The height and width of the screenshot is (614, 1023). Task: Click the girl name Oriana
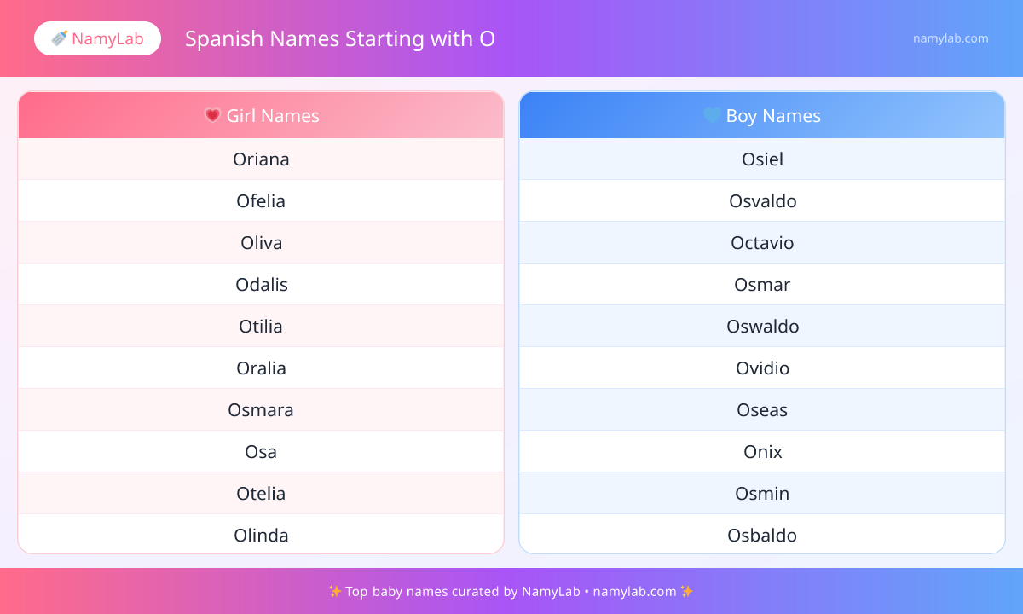(x=261, y=159)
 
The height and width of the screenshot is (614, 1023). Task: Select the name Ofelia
(x=261, y=201)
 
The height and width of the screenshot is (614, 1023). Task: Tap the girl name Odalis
(x=261, y=285)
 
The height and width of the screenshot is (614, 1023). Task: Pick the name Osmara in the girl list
(x=261, y=410)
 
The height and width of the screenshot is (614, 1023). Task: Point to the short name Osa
(x=261, y=452)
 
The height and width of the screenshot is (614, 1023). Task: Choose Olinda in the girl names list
(x=261, y=536)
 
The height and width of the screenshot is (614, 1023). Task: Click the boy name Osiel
(x=762, y=159)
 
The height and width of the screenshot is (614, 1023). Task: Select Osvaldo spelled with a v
(x=762, y=201)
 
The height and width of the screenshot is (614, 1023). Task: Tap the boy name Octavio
(x=762, y=243)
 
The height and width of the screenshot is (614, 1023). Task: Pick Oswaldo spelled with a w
(x=762, y=327)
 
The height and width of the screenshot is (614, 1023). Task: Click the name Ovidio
(x=762, y=368)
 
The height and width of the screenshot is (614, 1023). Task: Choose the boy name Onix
(x=762, y=452)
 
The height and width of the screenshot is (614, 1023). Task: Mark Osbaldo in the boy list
(x=762, y=536)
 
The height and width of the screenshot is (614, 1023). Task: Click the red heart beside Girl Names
(x=212, y=115)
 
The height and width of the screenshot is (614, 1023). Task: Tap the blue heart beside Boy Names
(x=712, y=115)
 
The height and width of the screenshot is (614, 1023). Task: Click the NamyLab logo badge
(x=97, y=38)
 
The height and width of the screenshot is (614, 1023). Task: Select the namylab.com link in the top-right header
(x=951, y=38)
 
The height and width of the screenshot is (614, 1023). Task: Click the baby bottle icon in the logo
(x=60, y=38)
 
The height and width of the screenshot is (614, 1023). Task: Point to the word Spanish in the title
(x=224, y=39)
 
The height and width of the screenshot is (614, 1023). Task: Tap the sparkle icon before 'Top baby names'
(x=335, y=592)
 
